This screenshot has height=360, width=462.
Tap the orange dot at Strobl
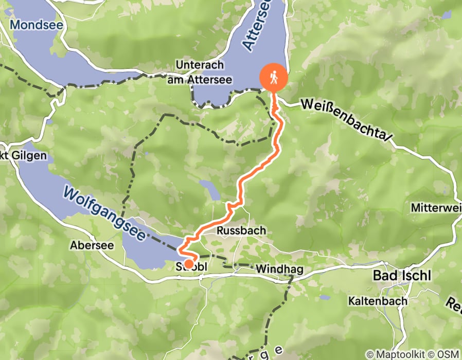pos(189,264)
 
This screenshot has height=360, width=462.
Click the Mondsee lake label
pos(29,24)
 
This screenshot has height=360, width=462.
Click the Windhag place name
pos(276,269)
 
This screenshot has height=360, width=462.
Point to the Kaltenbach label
pos(378,300)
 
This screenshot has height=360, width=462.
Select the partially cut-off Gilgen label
pos(23,155)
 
